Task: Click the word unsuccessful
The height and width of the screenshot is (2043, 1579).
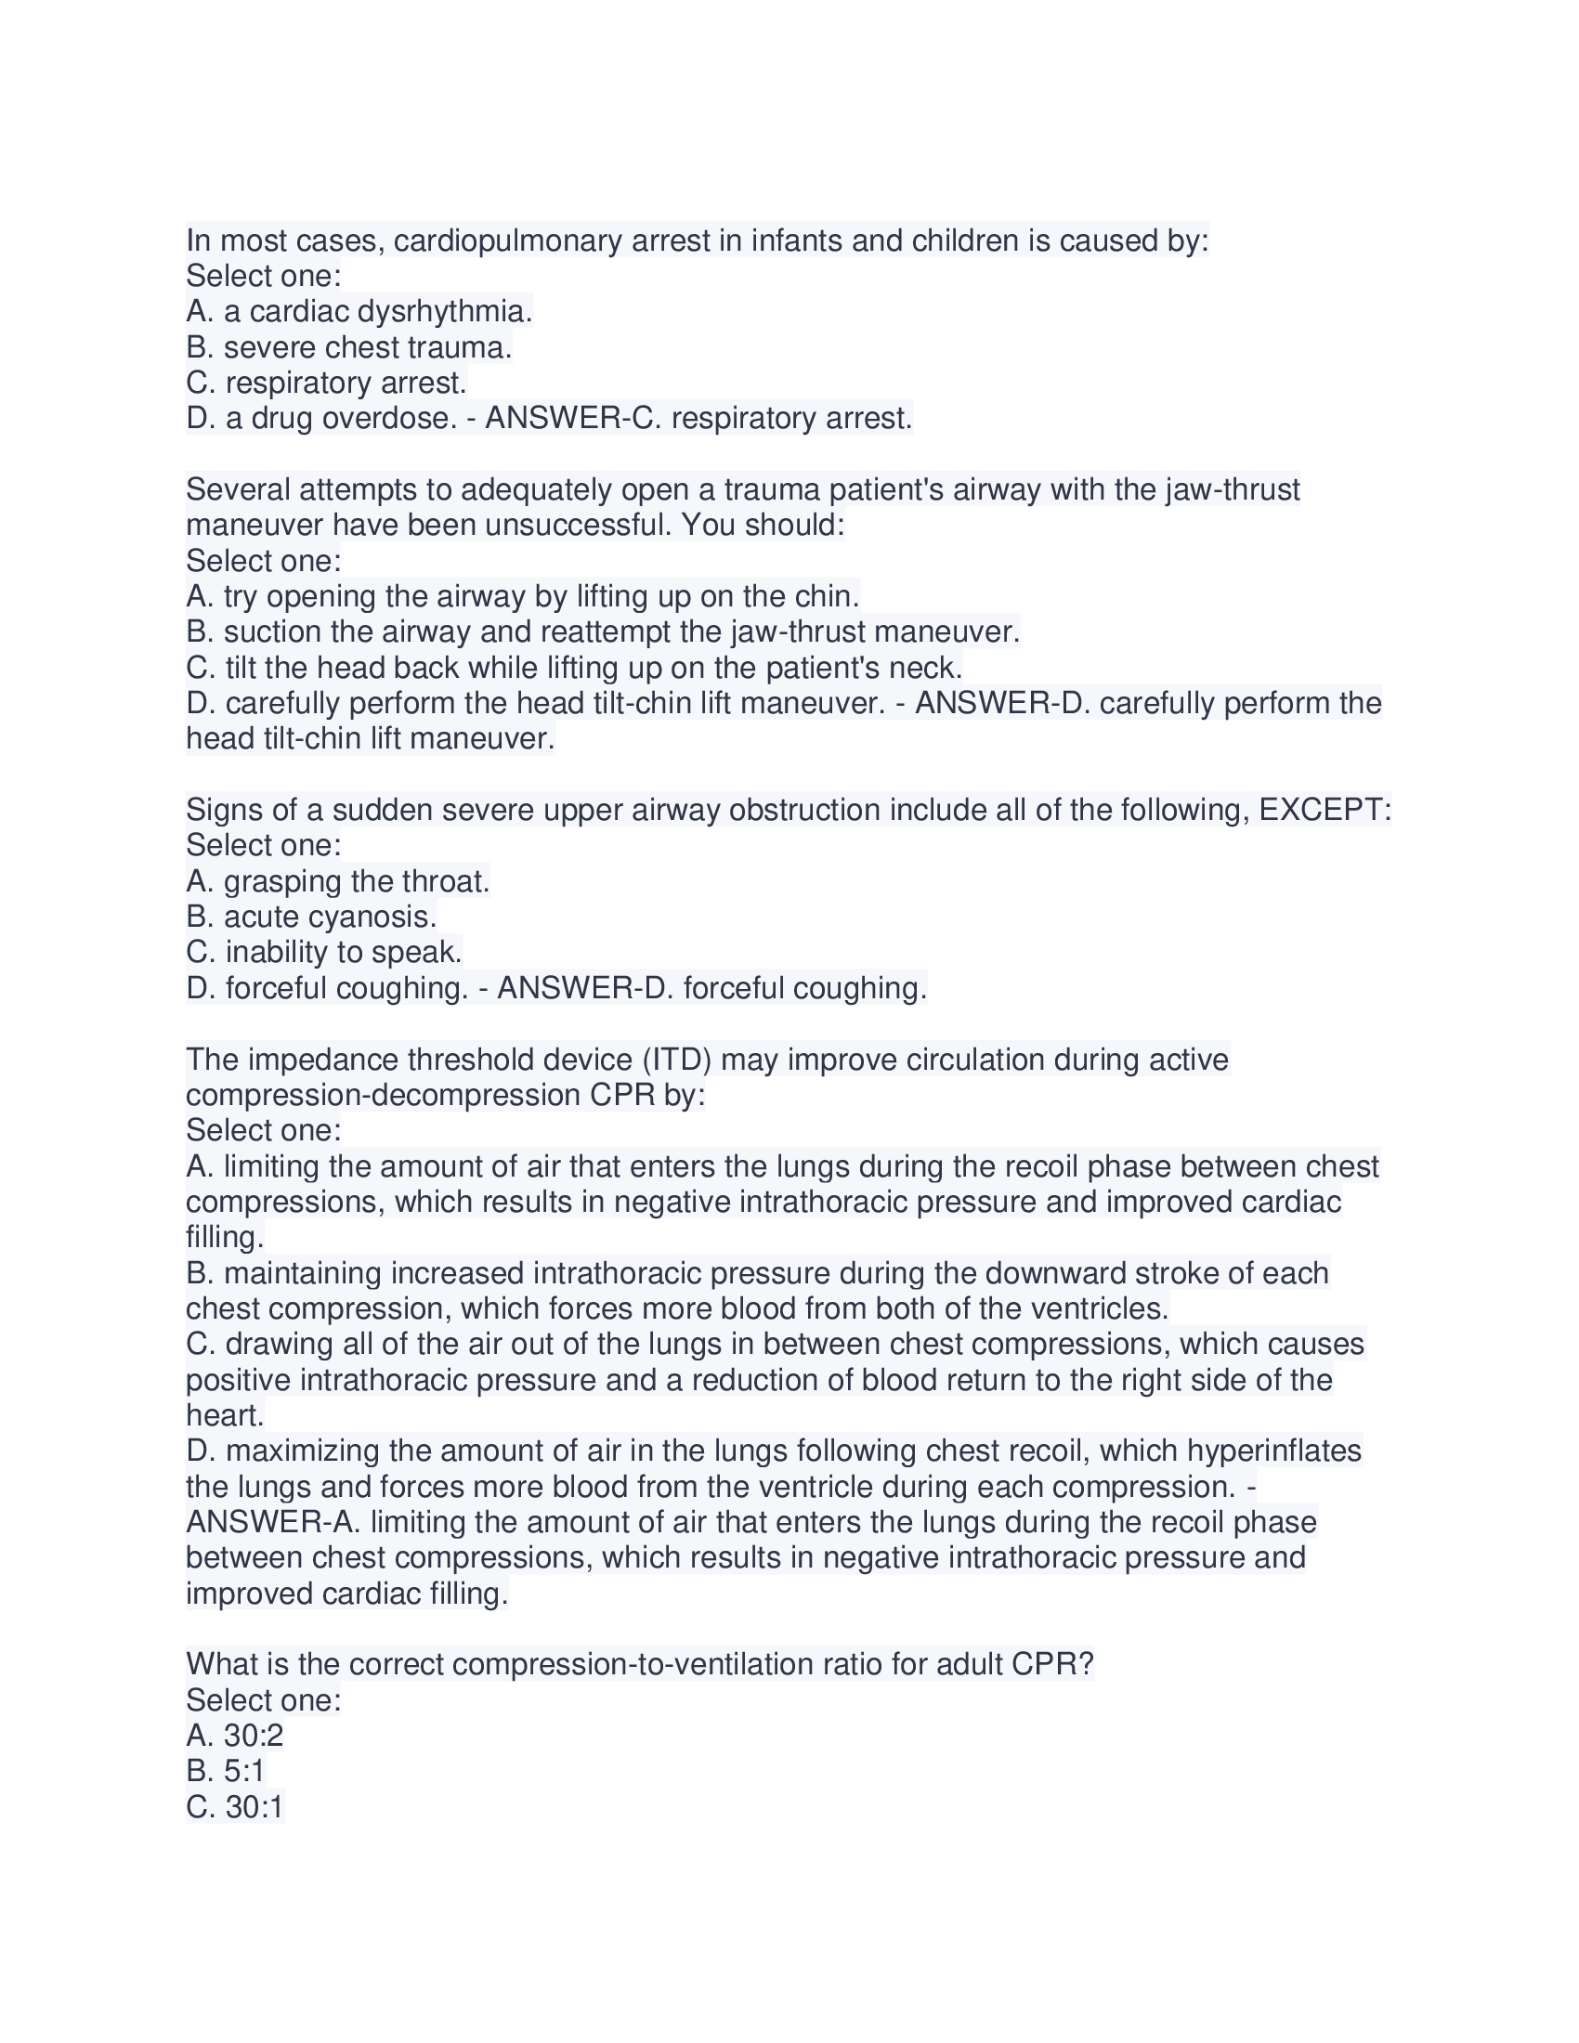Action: click(x=578, y=526)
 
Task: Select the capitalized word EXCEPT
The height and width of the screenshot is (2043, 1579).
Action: click(x=1325, y=810)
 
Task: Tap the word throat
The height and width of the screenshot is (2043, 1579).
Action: click(x=445, y=881)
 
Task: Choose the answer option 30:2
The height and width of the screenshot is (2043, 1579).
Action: click(x=254, y=1737)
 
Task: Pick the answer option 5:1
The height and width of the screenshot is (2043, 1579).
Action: click(x=244, y=1772)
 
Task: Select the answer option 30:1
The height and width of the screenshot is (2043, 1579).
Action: click(x=254, y=1807)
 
